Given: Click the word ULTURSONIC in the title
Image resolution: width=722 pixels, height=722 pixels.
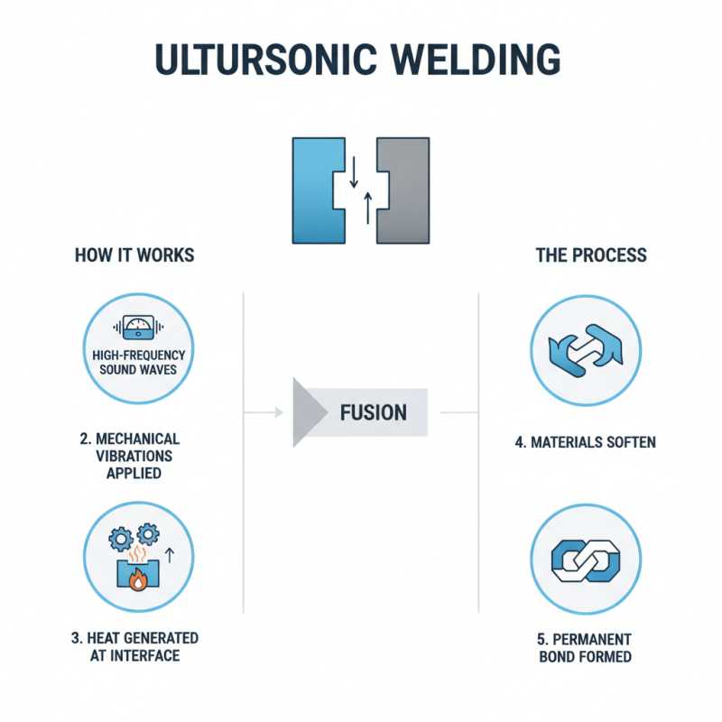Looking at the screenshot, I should [x=261, y=60].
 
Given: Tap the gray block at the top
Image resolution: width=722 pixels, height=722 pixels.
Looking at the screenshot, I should [x=406, y=190].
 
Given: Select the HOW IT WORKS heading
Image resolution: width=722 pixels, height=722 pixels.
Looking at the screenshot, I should [x=134, y=255].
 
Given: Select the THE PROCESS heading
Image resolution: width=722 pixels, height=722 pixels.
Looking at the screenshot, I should [x=591, y=255].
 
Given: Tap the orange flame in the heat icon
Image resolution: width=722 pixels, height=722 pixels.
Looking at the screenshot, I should [x=137, y=580].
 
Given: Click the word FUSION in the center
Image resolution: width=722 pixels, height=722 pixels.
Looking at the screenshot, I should [x=373, y=413].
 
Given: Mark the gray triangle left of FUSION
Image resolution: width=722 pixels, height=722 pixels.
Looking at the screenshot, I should [x=308, y=413].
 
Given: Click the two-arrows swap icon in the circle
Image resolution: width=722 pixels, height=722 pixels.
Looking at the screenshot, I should [x=586, y=352].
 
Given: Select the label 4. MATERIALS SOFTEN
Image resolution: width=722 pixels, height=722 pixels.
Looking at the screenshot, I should [x=586, y=443].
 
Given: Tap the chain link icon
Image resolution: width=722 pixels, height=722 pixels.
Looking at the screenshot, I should [x=586, y=560].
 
